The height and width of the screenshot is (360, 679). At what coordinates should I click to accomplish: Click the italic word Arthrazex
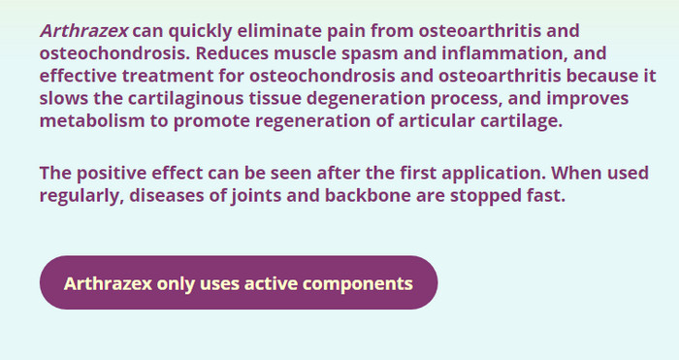(84, 31)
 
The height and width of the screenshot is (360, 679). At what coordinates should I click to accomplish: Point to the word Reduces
(232, 53)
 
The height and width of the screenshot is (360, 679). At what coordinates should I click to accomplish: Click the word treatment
(168, 76)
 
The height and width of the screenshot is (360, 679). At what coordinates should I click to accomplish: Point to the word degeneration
(366, 99)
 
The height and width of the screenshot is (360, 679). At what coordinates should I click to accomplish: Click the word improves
(588, 99)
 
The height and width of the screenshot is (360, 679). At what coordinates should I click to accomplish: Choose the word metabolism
(92, 121)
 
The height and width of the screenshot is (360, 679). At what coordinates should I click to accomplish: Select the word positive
(112, 174)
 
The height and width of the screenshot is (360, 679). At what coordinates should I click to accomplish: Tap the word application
(494, 174)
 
